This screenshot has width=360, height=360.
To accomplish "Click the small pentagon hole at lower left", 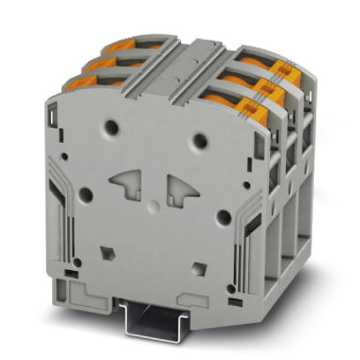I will point(108,250).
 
